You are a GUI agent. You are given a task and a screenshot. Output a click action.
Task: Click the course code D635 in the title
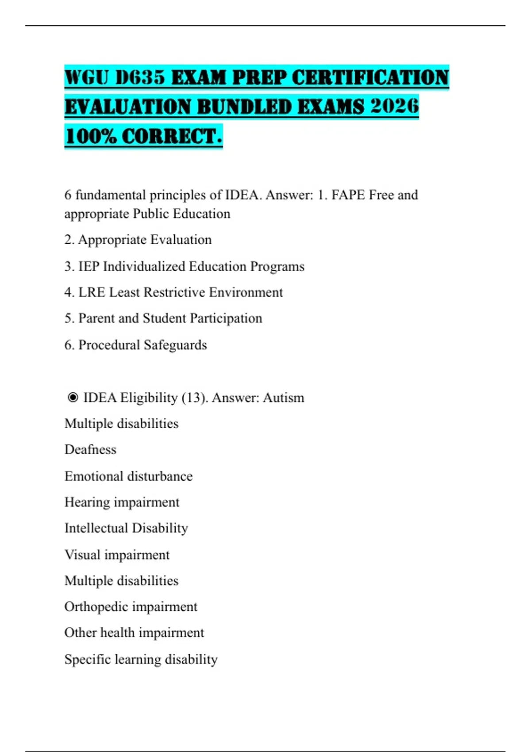click(x=140, y=78)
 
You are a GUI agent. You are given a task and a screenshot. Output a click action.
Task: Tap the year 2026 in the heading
click(x=395, y=107)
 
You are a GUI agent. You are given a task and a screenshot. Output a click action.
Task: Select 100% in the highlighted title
click(x=90, y=136)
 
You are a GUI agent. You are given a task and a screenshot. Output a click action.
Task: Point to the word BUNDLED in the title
click(x=244, y=107)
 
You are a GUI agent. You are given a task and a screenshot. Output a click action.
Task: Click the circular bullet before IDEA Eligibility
click(x=73, y=398)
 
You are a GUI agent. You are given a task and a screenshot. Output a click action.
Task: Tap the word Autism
click(x=284, y=398)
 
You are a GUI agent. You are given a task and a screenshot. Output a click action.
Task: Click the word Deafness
click(x=90, y=449)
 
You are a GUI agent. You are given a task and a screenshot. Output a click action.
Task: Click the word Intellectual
click(x=96, y=528)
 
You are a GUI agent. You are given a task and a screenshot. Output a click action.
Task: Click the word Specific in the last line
click(x=88, y=659)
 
